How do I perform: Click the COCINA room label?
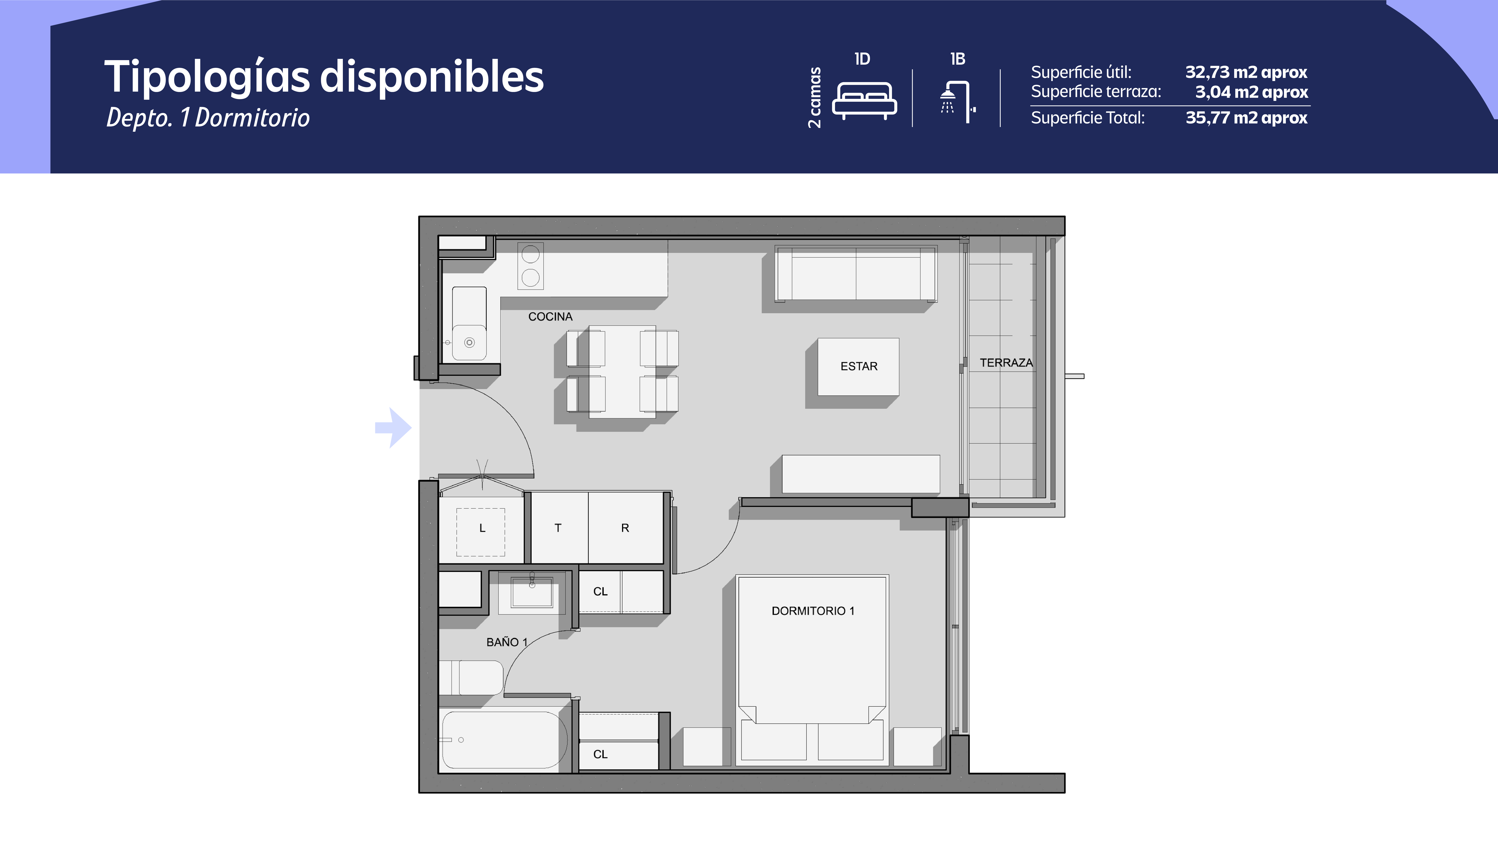(x=550, y=316)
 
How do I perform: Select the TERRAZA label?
(x=1006, y=362)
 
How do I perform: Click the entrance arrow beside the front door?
(x=394, y=428)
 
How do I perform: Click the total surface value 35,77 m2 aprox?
(x=1246, y=117)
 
